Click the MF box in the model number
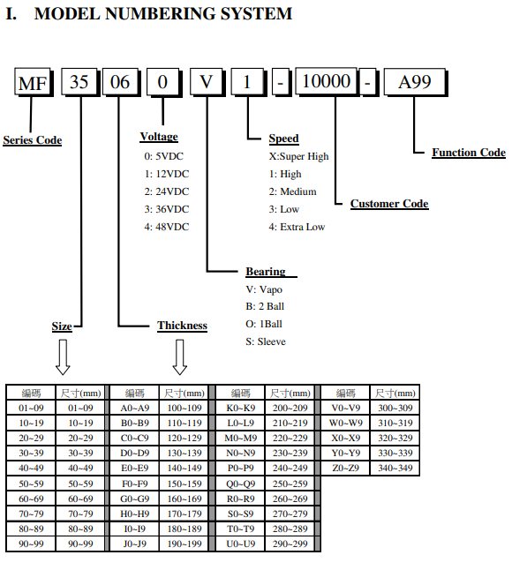point(33,82)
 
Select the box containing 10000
point(327,81)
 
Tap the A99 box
point(415,82)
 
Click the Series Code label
point(33,140)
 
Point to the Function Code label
point(469,153)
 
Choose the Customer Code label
point(389,204)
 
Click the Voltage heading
point(159,137)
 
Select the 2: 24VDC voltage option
point(167,191)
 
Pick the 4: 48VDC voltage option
point(167,227)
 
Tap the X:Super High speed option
point(299,156)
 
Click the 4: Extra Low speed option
point(297,227)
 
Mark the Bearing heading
point(266,272)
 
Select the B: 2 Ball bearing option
point(265,306)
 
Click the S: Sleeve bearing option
point(266,341)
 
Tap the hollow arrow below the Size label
point(63,357)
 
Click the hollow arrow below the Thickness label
point(179,357)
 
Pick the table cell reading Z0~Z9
point(345,468)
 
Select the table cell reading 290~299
point(290,544)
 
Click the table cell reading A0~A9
point(134,408)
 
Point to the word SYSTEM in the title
point(256,14)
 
